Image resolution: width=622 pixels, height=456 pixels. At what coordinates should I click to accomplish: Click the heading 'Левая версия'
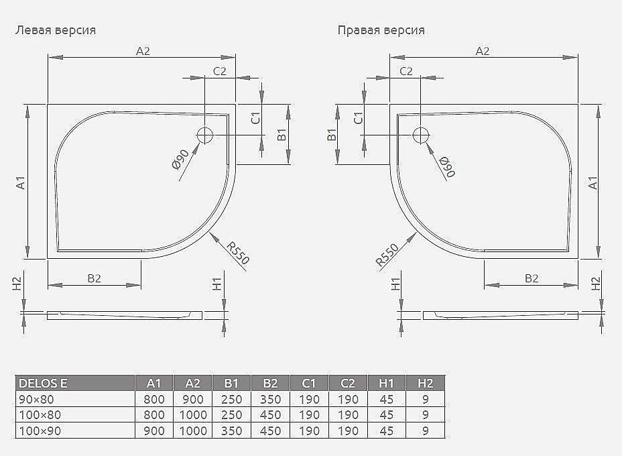56,30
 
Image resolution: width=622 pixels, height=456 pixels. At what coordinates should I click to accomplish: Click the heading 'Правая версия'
381,30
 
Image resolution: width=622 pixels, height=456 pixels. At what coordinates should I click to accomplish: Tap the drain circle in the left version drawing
205,135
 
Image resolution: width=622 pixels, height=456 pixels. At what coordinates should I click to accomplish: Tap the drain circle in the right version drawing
420,135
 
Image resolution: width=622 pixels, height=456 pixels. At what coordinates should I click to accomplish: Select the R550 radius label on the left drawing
237,252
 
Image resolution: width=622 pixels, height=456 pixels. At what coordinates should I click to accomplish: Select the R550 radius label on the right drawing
387,255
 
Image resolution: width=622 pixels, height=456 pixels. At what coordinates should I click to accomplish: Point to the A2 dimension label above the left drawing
143,50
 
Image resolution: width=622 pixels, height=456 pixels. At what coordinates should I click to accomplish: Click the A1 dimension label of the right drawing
593,182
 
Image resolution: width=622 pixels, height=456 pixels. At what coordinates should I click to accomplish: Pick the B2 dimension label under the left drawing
95,278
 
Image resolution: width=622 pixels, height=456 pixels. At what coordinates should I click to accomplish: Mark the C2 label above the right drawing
406,71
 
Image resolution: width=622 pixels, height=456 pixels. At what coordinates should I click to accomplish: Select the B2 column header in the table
271,384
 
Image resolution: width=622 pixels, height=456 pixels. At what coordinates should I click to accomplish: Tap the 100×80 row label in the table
40,415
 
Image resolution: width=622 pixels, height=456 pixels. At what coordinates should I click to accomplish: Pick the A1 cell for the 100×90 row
154,431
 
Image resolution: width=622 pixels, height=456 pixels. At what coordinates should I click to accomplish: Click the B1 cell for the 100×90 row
232,431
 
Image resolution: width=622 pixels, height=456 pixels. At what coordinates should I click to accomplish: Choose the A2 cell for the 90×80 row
193,400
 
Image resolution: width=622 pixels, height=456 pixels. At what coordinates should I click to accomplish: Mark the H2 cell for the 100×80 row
425,415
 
